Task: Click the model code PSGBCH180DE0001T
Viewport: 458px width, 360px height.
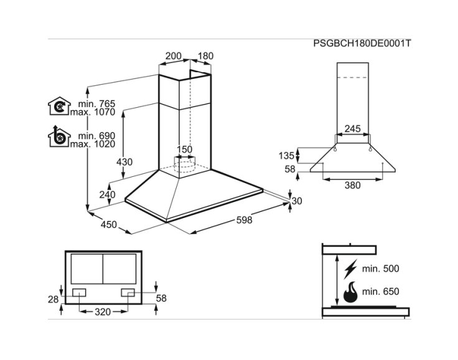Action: (x=363, y=44)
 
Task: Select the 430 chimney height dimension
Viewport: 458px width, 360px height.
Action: (x=124, y=162)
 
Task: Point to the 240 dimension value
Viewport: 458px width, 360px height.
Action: (x=108, y=194)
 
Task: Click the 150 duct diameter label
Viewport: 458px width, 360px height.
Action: (x=184, y=149)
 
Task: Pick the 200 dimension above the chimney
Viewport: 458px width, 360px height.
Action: (x=173, y=56)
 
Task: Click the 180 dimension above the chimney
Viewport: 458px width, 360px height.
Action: (x=205, y=56)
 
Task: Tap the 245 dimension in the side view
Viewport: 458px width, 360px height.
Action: (x=352, y=129)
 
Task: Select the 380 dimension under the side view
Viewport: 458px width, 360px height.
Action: (x=352, y=184)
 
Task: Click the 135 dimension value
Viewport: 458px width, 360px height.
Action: (x=286, y=155)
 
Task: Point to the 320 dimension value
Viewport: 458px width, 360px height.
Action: (x=103, y=311)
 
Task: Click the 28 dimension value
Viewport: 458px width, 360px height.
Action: (x=54, y=300)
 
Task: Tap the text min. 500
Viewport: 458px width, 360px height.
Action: (x=380, y=269)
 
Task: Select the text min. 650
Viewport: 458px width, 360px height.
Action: (x=380, y=291)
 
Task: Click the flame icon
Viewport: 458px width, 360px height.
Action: (x=352, y=291)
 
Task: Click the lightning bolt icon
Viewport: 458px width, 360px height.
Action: (x=352, y=269)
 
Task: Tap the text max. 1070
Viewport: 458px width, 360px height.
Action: (x=93, y=113)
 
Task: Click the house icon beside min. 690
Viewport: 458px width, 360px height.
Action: (x=57, y=137)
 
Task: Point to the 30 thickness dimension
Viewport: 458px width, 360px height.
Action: (x=297, y=201)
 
